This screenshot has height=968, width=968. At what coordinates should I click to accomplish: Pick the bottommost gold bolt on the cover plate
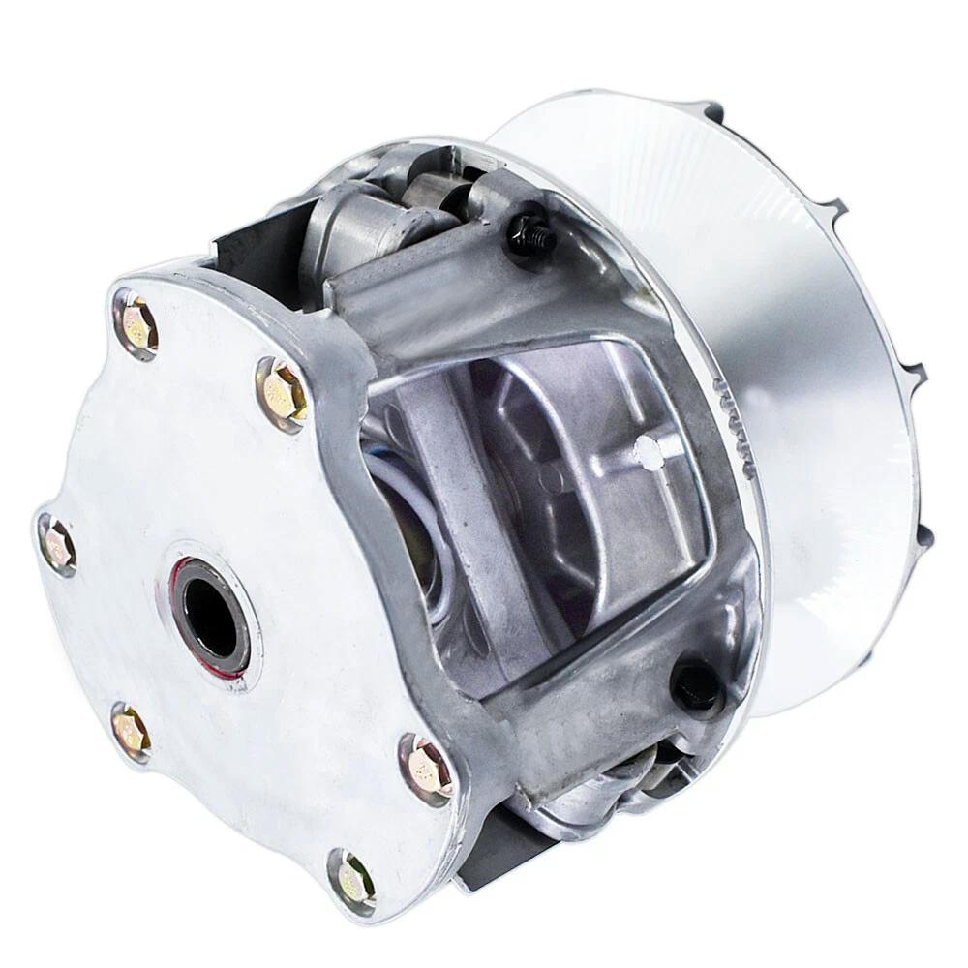click(354, 880)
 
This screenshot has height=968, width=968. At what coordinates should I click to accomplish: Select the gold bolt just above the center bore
click(282, 392)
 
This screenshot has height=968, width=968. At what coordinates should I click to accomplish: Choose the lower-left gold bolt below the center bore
click(131, 732)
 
